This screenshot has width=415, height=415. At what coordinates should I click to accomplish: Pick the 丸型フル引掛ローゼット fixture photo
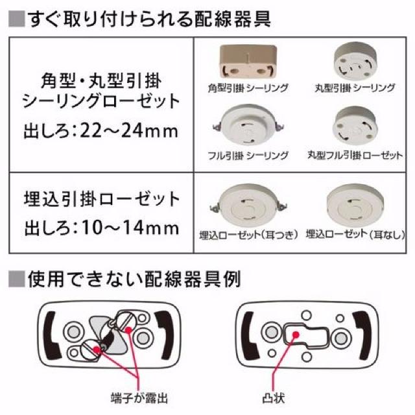(x=355, y=124)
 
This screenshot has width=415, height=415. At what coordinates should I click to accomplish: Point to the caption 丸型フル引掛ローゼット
(x=355, y=156)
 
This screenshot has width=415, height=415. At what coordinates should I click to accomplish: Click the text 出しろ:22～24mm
(x=101, y=132)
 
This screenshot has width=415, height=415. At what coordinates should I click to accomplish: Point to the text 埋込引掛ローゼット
(x=101, y=198)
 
